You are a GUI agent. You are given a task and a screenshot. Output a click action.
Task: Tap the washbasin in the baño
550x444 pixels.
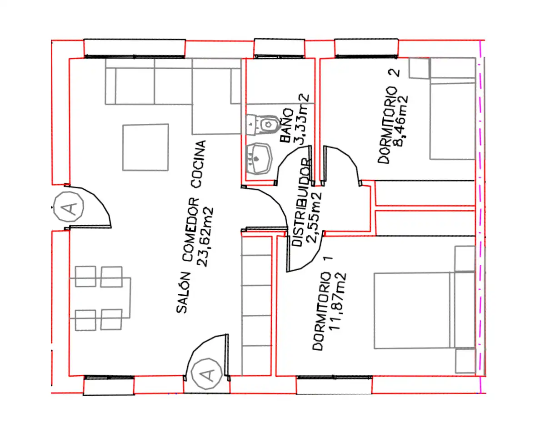tap(258, 159)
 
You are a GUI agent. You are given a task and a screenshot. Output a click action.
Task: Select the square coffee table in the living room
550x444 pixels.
tap(145, 147)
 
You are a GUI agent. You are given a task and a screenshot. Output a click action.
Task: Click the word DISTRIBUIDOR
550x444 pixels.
tap(301, 202)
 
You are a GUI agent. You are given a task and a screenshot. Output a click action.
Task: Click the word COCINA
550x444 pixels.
tap(198, 165)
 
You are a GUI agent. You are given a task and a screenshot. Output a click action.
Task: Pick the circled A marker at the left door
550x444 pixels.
tap(69, 207)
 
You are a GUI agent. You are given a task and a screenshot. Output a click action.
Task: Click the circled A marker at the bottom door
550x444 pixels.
tap(206, 373)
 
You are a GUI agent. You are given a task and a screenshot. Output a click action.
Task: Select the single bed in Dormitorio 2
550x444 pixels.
tap(452, 108)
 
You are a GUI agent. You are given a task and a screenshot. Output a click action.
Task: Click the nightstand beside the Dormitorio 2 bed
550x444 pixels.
tap(419, 68)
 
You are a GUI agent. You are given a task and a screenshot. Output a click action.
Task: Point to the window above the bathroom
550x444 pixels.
tap(280, 48)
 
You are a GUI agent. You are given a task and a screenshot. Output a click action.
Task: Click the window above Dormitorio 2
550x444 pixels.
tap(366, 48)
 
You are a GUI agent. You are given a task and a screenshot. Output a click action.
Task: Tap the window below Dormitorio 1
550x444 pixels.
tap(334, 385)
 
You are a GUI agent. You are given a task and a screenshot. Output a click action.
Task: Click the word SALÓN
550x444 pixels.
tap(183, 293)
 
